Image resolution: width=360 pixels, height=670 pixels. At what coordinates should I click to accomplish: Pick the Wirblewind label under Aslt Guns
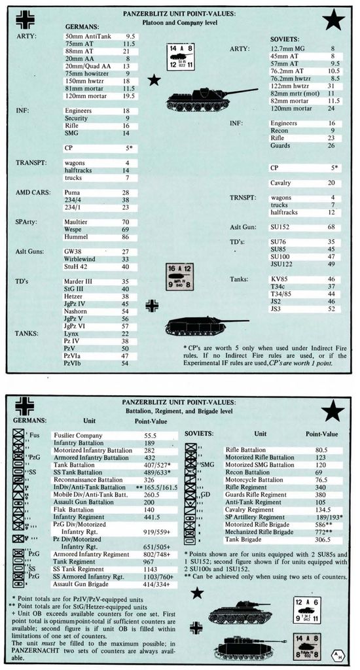[x=79, y=258]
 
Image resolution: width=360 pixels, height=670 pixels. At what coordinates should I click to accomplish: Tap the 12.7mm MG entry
[x=288, y=48]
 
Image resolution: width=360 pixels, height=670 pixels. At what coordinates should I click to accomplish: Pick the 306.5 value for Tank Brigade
[x=322, y=540]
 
